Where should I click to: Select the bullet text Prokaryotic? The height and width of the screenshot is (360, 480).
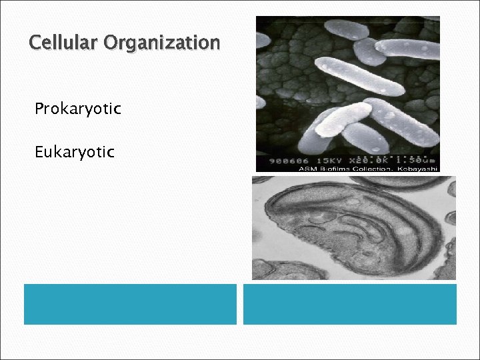(x=78, y=109)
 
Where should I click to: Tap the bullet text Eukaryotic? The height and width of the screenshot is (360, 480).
(x=75, y=152)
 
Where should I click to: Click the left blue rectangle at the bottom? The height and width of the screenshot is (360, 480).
(x=130, y=304)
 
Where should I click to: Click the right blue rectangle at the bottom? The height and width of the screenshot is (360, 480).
(x=349, y=304)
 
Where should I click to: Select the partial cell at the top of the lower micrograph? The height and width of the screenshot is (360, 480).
(x=387, y=181)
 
